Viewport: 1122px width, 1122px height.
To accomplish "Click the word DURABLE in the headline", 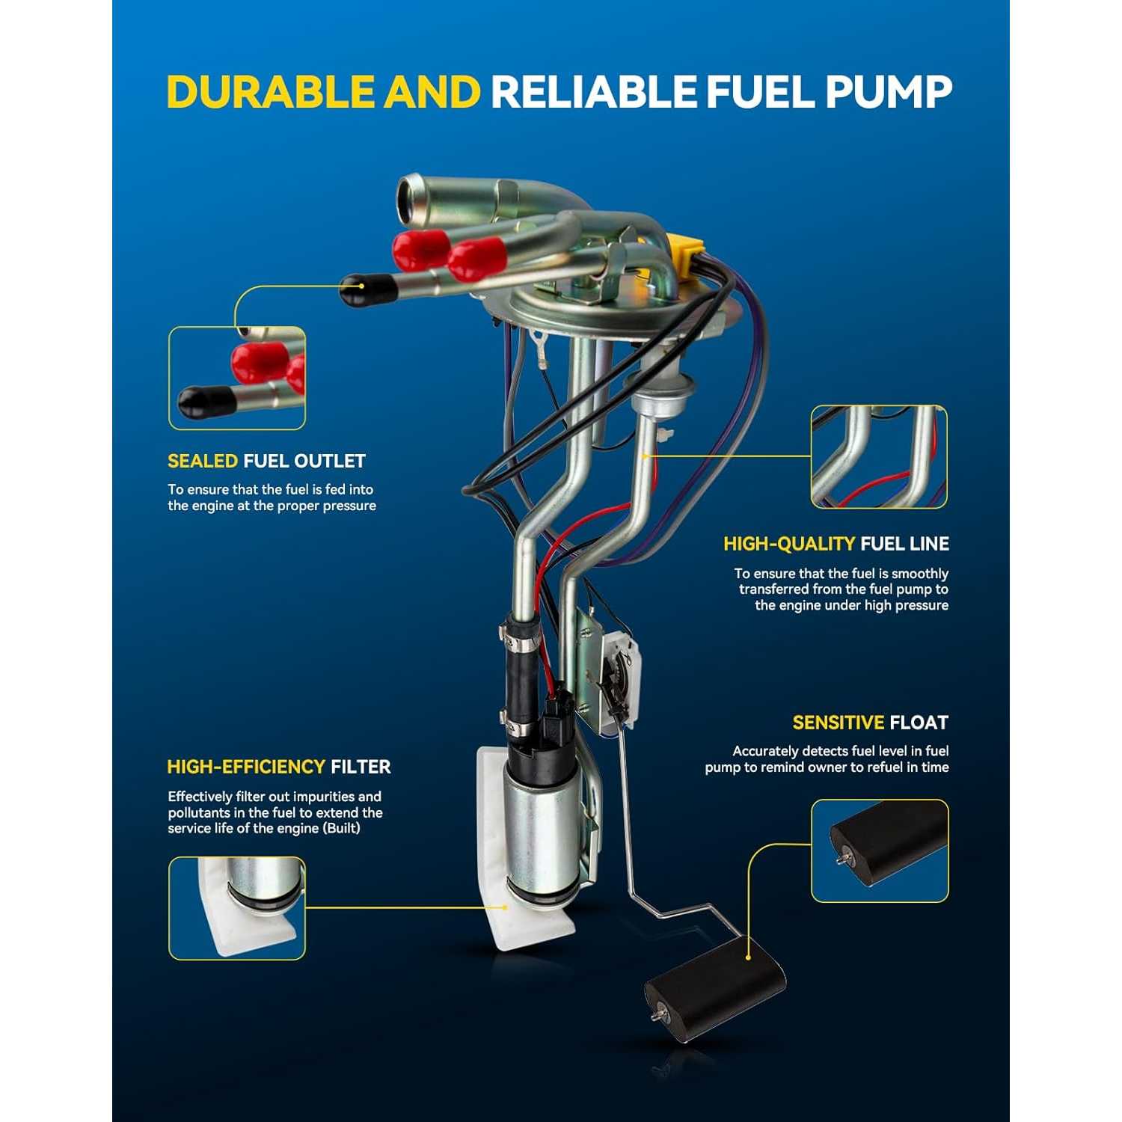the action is [x=270, y=92].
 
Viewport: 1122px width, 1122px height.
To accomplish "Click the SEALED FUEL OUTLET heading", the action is [x=266, y=461].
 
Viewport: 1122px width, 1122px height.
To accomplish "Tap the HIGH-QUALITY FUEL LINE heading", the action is [x=836, y=544].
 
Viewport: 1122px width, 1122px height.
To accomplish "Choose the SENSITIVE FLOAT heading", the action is [x=871, y=723].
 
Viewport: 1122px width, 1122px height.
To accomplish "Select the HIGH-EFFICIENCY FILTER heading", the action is [x=279, y=767].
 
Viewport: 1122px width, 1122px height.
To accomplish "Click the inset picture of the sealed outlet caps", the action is [x=237, y=378].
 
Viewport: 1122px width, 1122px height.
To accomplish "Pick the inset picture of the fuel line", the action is [x=879, y=457].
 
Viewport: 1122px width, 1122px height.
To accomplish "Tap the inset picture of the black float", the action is [x=880, y=851].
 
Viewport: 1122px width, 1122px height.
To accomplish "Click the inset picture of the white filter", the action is [x=237, y=908].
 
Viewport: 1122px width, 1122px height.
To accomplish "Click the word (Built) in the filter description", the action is [x=342, y=829].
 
